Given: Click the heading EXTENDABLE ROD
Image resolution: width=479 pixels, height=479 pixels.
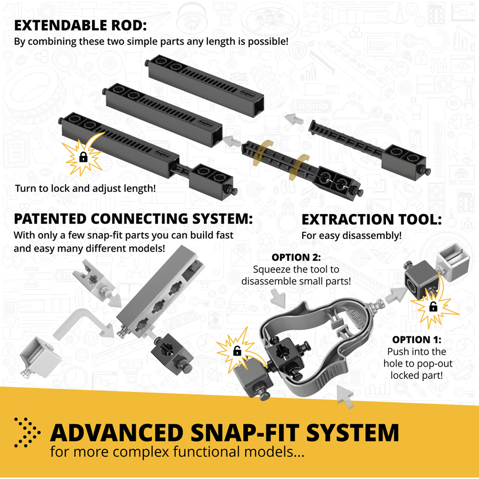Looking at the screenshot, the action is [80, 25].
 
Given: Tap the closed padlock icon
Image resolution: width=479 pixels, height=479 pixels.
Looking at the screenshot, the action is [83, 157].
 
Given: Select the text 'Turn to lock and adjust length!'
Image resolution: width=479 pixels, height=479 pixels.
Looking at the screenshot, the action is [86, 188].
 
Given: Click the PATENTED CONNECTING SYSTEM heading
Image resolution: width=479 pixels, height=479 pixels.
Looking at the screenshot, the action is [133, 219].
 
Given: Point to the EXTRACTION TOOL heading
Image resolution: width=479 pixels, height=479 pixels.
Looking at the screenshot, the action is [372, 219].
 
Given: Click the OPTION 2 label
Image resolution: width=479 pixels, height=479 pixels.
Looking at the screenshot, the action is [296, 257].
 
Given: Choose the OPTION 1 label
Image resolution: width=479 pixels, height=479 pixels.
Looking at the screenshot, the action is [417, 340].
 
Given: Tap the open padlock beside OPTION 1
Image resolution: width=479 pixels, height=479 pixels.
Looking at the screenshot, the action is [433, 306].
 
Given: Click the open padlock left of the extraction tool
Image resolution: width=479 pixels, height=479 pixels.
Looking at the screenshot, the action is [237, 351].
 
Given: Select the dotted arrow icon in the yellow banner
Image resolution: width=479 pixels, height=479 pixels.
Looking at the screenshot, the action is [27, 432].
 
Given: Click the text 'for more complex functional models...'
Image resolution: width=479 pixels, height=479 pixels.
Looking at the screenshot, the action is [177, 452].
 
